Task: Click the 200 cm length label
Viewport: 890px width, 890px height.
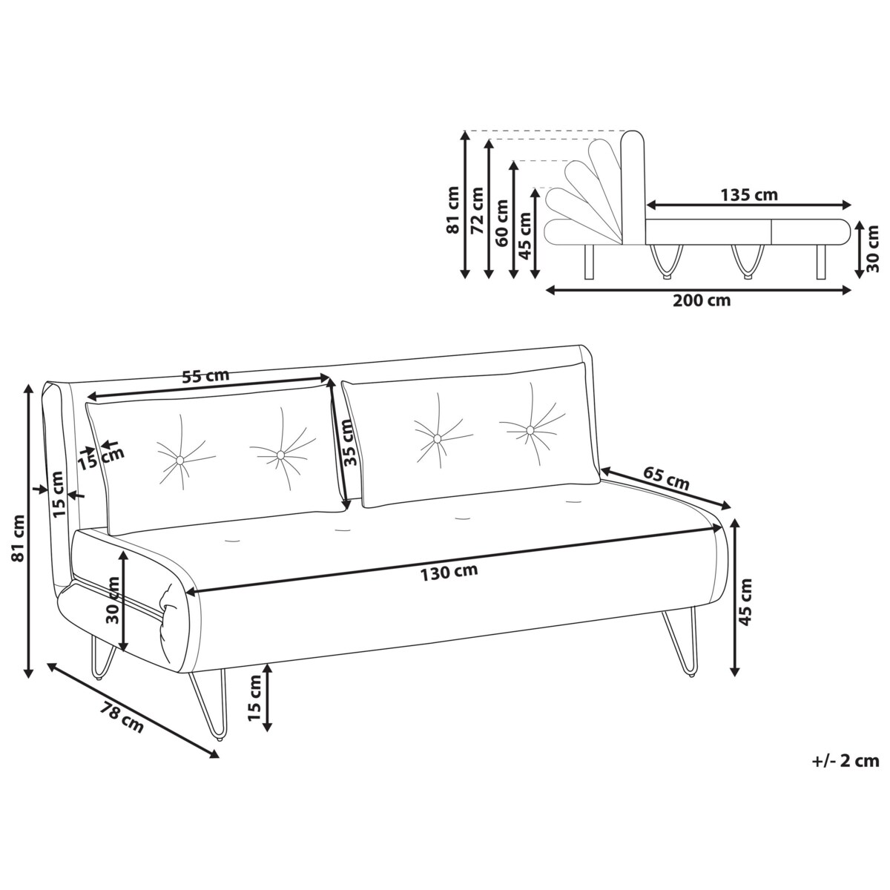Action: (x=701, y=300)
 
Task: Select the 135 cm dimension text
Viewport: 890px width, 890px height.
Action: (x=749, y=195)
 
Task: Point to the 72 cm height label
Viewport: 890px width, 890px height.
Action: (x=477, y=211)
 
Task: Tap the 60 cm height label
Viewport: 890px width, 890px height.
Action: (x=502, y=223)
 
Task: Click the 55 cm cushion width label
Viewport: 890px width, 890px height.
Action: (x=205, y=375)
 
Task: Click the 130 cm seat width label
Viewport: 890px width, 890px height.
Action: (x=449, y=571)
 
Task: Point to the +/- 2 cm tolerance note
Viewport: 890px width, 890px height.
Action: (x=845, y=759)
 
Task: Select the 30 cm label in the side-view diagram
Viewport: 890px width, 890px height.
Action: (x=872, y=248)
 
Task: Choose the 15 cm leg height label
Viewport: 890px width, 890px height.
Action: (x=254, y=698)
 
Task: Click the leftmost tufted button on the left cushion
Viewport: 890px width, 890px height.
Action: (x=179, y=461)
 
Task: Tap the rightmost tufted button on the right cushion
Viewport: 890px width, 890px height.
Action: (x=530, y=430)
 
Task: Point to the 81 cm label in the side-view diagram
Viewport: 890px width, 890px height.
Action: (x=452, y=211)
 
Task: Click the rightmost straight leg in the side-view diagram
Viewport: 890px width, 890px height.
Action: (x=820, y=262)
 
